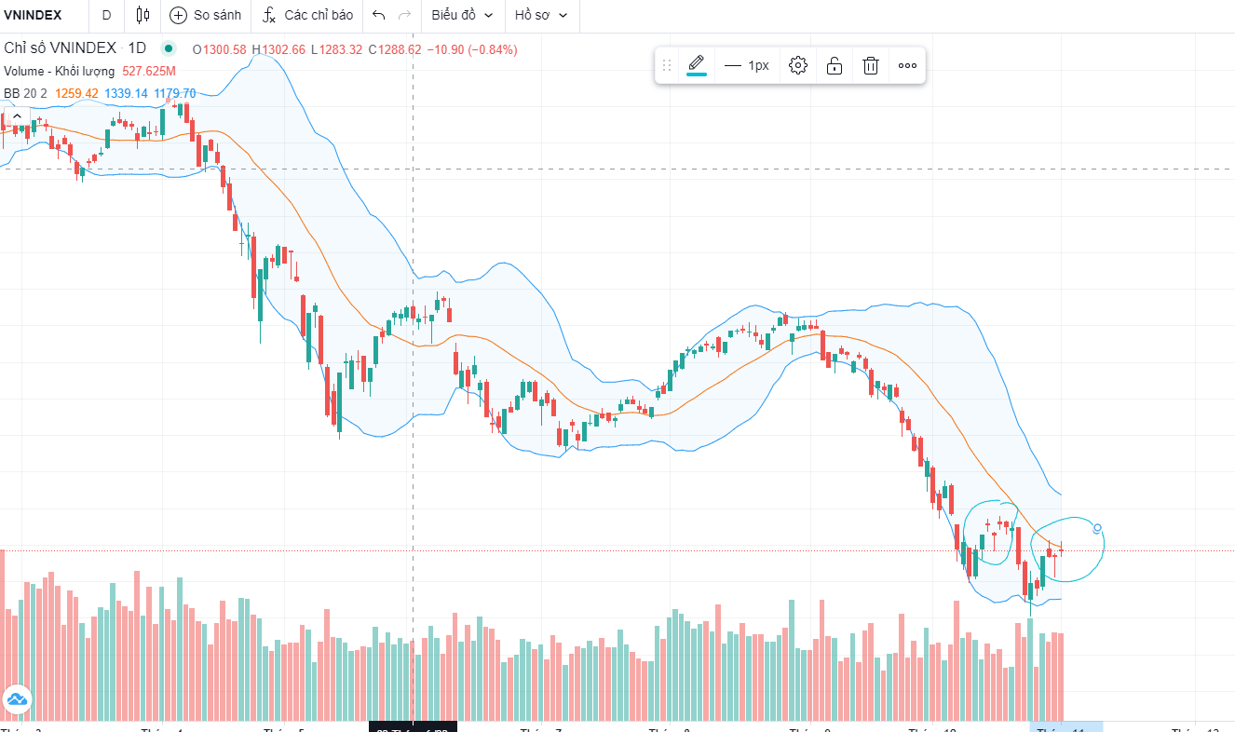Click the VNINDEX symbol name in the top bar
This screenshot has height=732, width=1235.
pos(33,15)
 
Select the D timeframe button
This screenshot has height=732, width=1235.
pos(106,15)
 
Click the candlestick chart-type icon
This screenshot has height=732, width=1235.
pos(142,15)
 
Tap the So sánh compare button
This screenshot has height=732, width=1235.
pos(206,15)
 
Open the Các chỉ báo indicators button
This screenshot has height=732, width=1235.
pos(308,15)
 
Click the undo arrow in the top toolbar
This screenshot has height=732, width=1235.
pos(378,15)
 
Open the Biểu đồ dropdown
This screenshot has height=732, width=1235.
pos(462,15)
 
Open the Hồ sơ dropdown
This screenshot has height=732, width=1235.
pos(541,15)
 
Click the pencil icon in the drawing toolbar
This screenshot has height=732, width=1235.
pos(697,64)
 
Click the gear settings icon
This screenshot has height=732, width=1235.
pos(798,65)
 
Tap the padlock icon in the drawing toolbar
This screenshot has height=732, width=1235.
pos(835,65)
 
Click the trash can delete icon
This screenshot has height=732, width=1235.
pos(871,65)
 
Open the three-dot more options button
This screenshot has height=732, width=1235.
pos(907,65)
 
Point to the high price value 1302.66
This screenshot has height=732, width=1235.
pos(283,49)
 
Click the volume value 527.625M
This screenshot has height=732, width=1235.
pos(149,71)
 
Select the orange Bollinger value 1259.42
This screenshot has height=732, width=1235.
pos(76,93)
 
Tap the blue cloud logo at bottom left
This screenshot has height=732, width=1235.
pos(17,698)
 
